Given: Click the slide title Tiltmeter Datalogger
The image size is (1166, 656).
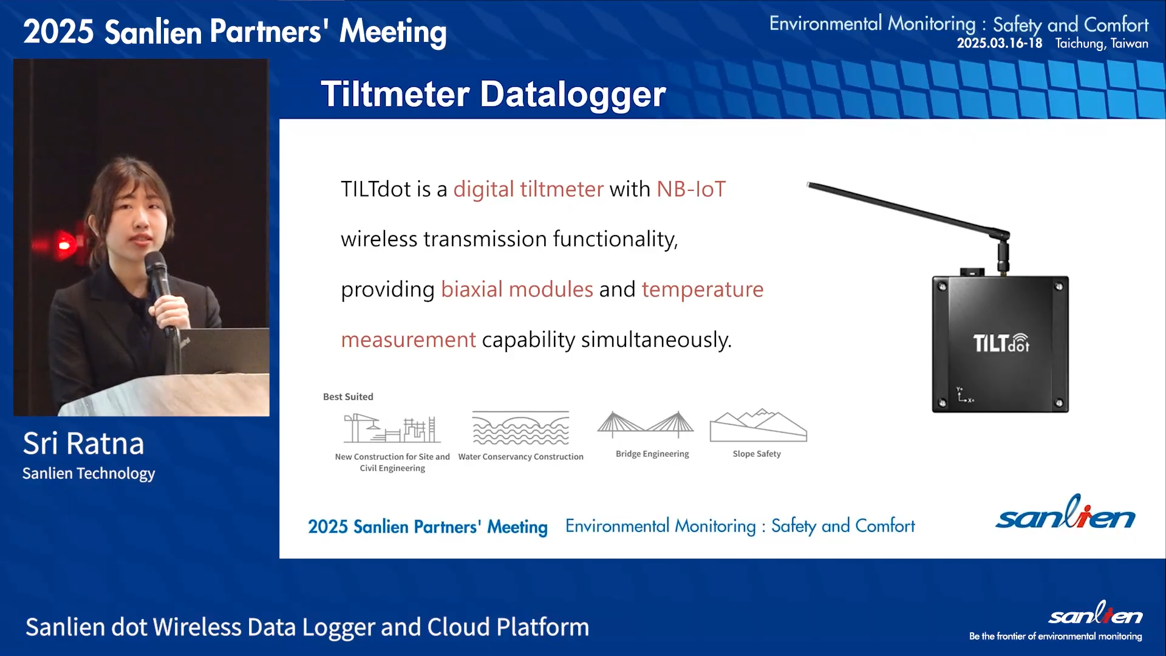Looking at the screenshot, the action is [x=493, y=94].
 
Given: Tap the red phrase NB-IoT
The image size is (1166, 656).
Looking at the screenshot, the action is [x=691, y=189].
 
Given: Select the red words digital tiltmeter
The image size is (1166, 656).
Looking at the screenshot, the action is [x=528, y=190].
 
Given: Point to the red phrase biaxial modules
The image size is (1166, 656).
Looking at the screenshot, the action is [x=517, y=289].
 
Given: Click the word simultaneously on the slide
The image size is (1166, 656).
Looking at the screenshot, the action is [x=656, y=340].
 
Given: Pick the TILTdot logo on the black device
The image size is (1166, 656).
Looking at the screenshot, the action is [x=1001, y=343].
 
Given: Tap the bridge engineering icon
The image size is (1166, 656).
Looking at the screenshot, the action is [x=646, y=425].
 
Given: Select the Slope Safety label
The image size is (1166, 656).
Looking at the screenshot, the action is [x=757, y=454].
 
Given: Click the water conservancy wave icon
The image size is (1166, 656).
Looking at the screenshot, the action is [x=521, y=428].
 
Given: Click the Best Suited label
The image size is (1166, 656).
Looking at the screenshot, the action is [x=348, y=397].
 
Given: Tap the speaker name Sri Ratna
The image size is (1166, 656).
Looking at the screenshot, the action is [x=83, y=443].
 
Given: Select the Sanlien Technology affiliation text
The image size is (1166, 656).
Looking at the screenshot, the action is [x=89, y=473].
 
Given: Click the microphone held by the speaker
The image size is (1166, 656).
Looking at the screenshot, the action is [x=159, y=285].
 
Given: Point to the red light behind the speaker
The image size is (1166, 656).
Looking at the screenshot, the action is [x=64, y=245].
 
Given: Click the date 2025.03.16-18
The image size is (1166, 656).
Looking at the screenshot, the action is [x=1000, y=43].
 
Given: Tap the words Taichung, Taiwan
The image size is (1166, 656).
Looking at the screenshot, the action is [x=1102, y=44].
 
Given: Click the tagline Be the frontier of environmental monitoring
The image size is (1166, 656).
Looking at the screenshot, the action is [x=1055, y=636].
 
